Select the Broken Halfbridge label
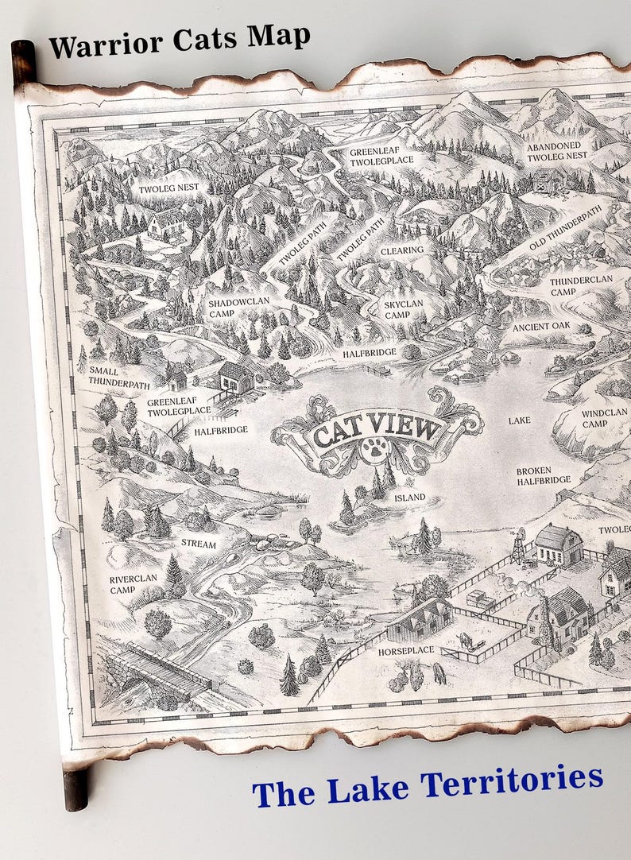[544, 475]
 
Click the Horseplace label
[406, 649]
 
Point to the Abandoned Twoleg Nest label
[557, 151]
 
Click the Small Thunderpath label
[118, 377]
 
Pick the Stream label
[199, 543]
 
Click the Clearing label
[401, 250]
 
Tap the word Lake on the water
[519, 419]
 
